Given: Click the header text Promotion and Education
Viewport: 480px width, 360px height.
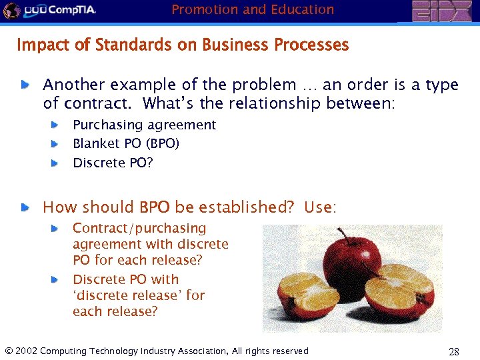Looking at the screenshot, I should tap(253, 9).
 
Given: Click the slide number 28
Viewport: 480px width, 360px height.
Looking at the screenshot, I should tap(454, 352).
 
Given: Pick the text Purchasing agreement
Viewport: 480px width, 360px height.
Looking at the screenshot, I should tap(144, 125).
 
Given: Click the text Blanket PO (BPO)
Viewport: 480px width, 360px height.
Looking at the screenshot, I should tap(126, 143).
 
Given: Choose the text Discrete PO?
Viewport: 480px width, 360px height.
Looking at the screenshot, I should tap(113, 163).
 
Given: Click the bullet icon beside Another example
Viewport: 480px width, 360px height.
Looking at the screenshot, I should tap(25, 85).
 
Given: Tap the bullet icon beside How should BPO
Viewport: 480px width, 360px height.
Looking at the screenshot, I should tap(25, 208).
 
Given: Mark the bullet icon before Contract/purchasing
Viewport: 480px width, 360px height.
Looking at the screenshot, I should tap(55, 229).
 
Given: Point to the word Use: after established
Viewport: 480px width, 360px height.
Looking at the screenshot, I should tap(320, 207).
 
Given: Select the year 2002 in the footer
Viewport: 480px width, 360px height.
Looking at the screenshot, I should tap(26, 351).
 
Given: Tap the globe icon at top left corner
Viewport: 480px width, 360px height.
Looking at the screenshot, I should tap(10, 11).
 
